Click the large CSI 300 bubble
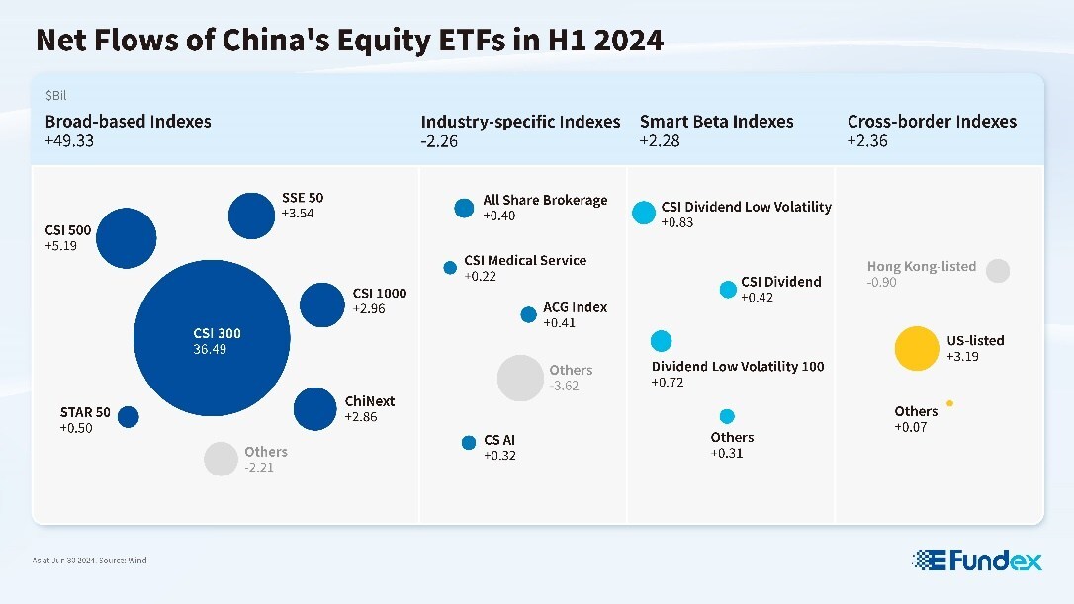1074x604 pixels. pos(212,338)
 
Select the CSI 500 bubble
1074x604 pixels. pos(126,238)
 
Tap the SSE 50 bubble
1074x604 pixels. pos(251,215)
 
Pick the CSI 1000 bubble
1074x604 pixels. pos(321,304)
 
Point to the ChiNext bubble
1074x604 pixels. pos(315,408)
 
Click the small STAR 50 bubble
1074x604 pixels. pos(129,417)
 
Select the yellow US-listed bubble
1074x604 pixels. pos(915,348)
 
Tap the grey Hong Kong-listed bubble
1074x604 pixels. pos(998,271)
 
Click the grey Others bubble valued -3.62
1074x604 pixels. pos(520,378)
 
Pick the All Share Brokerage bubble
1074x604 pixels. pos(464,208)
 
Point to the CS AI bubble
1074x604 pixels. pos(469,442)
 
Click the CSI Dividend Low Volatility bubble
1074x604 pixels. pos(644,212)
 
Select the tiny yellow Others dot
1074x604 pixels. pos(949,403)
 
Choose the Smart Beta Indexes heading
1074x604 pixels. pos(716,122)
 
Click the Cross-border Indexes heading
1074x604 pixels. pos(932,122)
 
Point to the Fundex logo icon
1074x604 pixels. pos(929,561)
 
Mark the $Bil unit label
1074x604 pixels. pos(55,96)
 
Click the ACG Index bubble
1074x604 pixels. pos(529,314)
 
